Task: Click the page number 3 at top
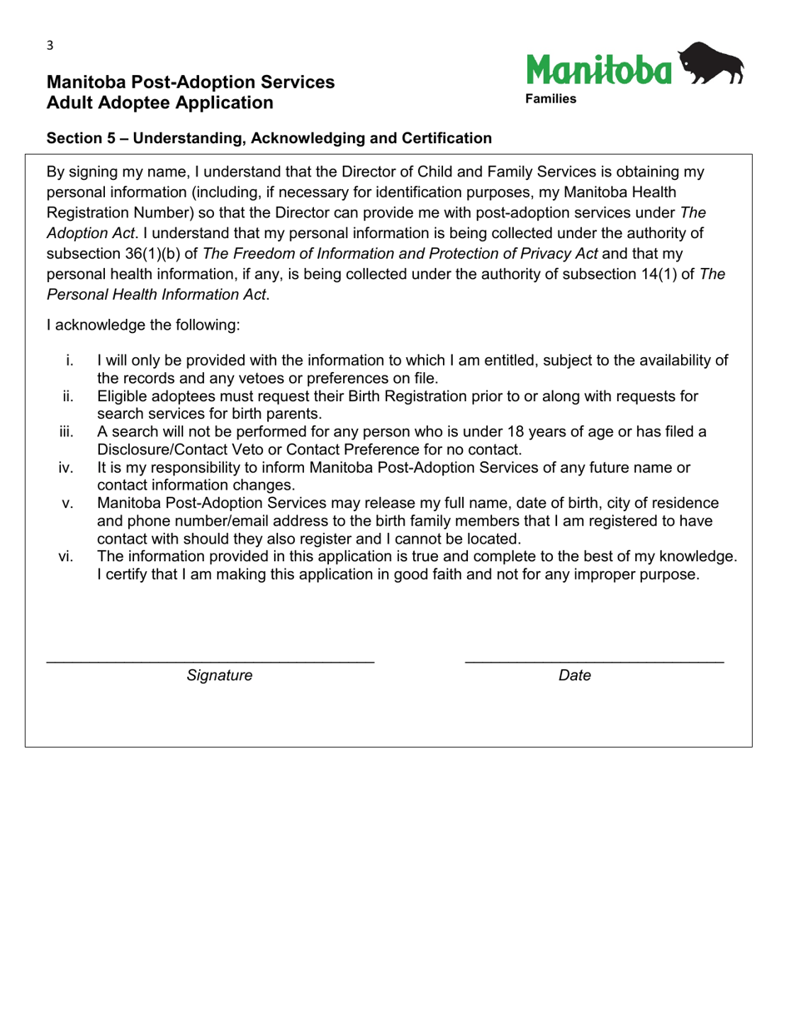click(x=50, y=46)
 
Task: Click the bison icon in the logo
click(x=711, y=65)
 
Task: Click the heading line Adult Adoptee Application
click(x=160, y=102)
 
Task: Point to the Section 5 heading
click(x=269, y=138)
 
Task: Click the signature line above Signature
click(x=210, y=661)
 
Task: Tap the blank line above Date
click(x=594, y=661)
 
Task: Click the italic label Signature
click(x=219, y=676)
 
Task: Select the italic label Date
click(x=575, y=676)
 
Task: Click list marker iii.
click(x=67, y=431)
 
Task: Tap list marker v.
click(x=69, y=503)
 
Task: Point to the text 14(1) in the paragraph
click(x=657, y=274)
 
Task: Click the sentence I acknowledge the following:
click(x=143, y=326)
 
